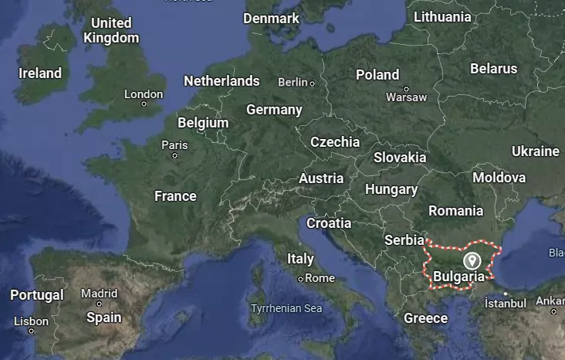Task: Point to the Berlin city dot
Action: (312, 83)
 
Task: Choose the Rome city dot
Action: (300, 278)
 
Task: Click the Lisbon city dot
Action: (31, 331)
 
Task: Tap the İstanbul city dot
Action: (505, 294)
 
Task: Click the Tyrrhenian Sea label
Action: (286, 308)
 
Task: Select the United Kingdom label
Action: (111, 30)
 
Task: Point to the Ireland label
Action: (40, 73)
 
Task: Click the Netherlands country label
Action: (222, 80)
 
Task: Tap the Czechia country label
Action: (335, 142)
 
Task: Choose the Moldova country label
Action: (499, 177)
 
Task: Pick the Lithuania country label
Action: (442, 16)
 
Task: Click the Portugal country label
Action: (37, 295)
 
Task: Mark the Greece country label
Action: (425, 318)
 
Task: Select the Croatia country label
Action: (329, 223)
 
